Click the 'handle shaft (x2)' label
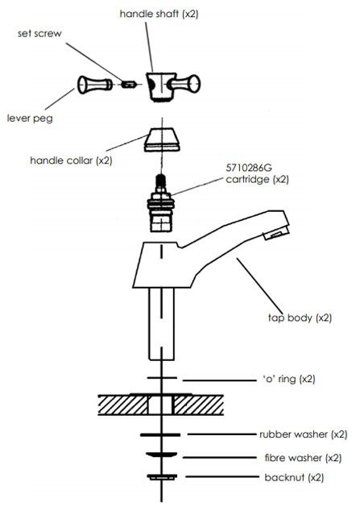click(x=159, y=14)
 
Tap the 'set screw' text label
click(x=39, y=33)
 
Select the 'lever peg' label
click(x=30, y=118)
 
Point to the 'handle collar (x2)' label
click(x=71, y=160)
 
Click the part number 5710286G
click(x=249, y=168)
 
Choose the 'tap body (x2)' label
click(x=300, y=318)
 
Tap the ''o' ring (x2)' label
click(x=289, y=379)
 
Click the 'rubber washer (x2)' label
click(x=304, y=434)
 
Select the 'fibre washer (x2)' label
click(x=303, y=458)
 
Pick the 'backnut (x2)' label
click(x=294, y=478)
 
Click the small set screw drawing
click(x=128, y=85)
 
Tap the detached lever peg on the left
click(x=95, y=85)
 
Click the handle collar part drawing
click(x=162, y=140)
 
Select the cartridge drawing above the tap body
click(x=161, y=203)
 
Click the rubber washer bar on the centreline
click(x=160, y=434)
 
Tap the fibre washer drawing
click(x=161, y=455)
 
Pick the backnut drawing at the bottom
click(x=162, y=477)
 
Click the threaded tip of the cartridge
click(x=160, y=181)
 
